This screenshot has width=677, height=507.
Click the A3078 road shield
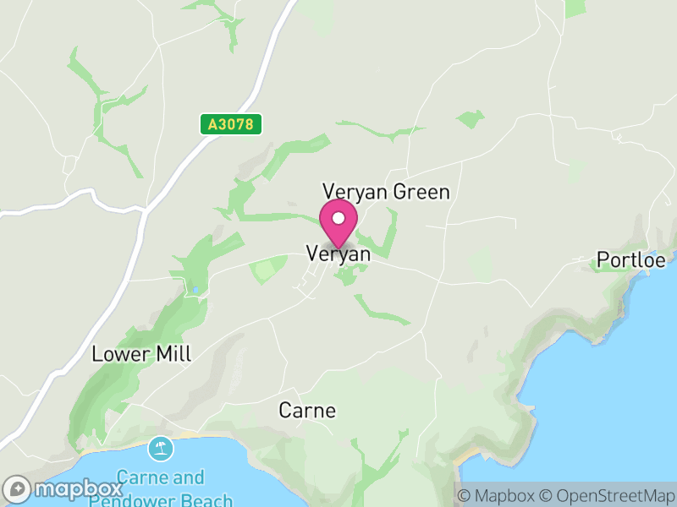[x=231, y=124]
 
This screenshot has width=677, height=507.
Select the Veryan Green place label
[x=386, y=192]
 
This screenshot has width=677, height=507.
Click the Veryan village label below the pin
[x=338, y=253]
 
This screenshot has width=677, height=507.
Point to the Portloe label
[x=630, y=259]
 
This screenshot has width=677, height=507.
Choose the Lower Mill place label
[x=141, y=354]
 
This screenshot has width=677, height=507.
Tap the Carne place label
[x=307, y=411]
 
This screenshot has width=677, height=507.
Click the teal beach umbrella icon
[x=160, y=447]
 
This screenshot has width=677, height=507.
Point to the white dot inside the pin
[x=338, y=218]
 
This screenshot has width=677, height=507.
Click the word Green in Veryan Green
[x=420, y=192]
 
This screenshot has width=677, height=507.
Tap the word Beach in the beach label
[x=209, y=500]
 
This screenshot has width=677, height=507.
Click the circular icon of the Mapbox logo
[x=18, y=489]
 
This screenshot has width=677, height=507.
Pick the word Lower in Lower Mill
[x=119, y=354]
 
